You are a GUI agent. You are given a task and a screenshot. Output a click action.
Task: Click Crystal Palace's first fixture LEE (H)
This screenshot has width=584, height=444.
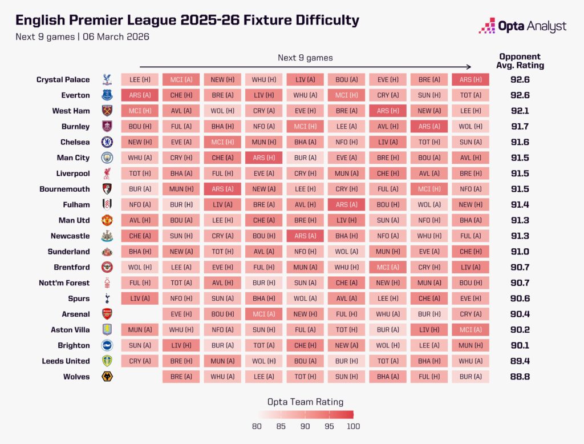139,80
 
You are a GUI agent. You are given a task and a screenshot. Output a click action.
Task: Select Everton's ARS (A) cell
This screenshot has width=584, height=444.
139,95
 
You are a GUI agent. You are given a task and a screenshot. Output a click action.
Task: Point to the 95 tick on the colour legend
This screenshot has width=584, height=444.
329,426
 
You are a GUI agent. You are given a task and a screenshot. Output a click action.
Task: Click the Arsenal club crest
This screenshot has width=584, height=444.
107,314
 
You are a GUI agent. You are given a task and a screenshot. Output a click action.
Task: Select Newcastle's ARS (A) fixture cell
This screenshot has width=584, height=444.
305,236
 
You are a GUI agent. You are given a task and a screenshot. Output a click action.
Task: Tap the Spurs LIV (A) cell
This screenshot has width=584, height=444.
139,298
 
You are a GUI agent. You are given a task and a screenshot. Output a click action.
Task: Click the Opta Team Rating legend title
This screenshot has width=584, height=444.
305,402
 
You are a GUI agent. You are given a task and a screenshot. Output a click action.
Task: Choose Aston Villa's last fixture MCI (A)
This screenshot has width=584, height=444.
471,329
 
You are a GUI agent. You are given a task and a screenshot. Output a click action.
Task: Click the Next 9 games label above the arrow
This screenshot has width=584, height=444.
305,58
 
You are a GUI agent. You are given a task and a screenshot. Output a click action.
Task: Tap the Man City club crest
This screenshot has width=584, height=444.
107,158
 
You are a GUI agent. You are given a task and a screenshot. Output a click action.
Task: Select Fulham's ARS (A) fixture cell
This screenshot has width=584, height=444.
346,204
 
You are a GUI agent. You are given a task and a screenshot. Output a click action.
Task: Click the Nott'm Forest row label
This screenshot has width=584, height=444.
66,282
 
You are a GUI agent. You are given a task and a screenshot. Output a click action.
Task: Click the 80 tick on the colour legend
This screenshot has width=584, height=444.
257,426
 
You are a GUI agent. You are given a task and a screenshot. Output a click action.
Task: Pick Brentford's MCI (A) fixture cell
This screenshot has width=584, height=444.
388,267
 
